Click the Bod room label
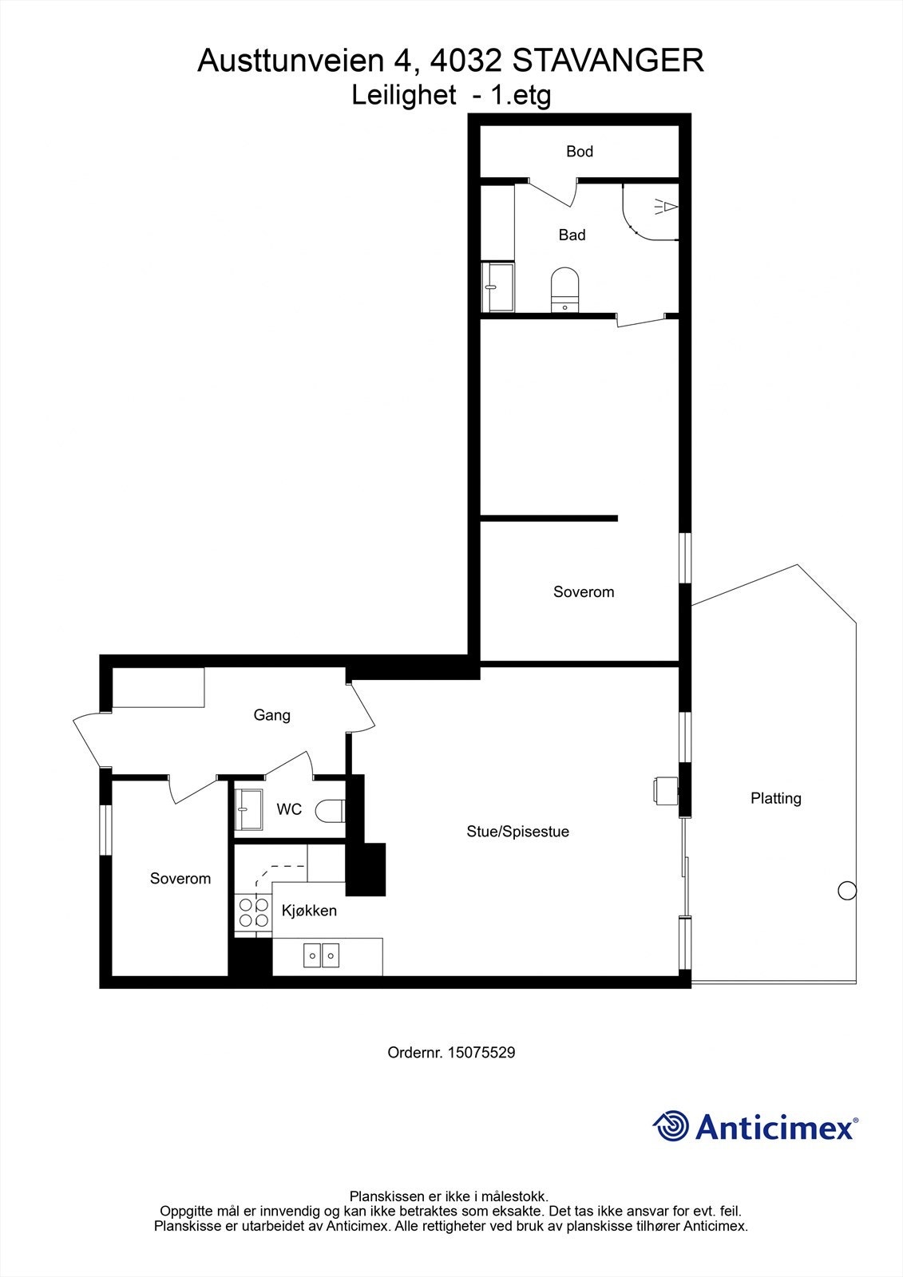580,151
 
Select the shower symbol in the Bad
666,208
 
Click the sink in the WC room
249,809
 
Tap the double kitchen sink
322,954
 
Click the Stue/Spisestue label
517,832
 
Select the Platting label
775,798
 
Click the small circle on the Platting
847,891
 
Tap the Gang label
271,715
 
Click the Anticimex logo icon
671,1126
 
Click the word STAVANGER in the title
608,61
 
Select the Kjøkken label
309,911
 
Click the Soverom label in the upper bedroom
584,592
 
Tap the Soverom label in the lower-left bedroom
180,879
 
